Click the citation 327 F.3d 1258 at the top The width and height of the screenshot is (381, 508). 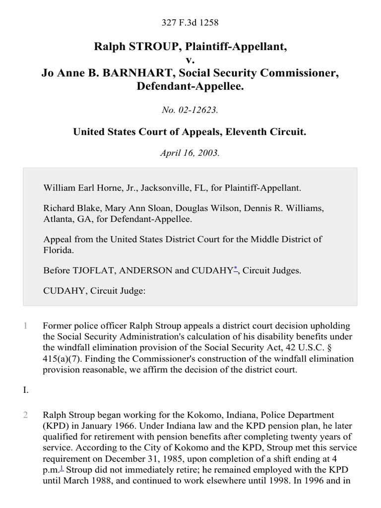click(x=190, y=22)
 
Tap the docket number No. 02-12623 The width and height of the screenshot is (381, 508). click(x=190, y=110)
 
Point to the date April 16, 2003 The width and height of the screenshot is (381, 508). click(x=190, y=153)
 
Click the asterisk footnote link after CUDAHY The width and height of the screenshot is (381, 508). click(x=236, y=269)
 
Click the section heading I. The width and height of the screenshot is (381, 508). click(x=26, y=390)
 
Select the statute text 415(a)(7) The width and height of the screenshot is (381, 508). click(x=62, y=359)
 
